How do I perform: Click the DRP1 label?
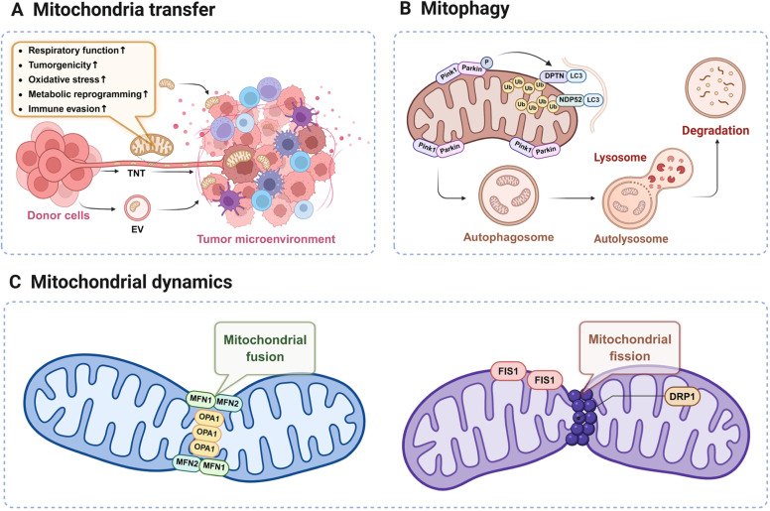pyautogui.click(x=682, y=397)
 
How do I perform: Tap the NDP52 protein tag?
pyautogui.click(x=571, y=99)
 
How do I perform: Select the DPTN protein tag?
pyautogui.click(x=554, y=75)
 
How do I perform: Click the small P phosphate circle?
pyautogui.click(x=486, y=62)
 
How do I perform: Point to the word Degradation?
pyautogui.click(x=715, y=131)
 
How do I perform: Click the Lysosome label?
pyautogui.click(x=620, y=158)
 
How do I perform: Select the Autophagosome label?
pyautogui.click(x=508, y=237)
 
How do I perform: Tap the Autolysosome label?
pyautogui.click(x=631, y=239)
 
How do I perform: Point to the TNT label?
pyautogui.click(x=136, y=173)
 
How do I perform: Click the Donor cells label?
pyautogui.click(x=59, y=215)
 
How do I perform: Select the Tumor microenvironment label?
pyautogui.click(x=266, y=239)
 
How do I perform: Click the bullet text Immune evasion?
pyautogui.click(x=64, y=109)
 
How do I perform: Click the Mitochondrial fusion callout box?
pyautogui.click(x=265, y=347)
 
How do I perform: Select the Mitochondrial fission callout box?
pyautogui.click(x=629, y=347)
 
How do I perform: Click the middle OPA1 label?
pyautogui.click(x=206, y=433)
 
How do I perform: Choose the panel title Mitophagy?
pyautogui.click(x=464, y=9)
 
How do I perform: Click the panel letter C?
pyautogui.click(x=15, y=282)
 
